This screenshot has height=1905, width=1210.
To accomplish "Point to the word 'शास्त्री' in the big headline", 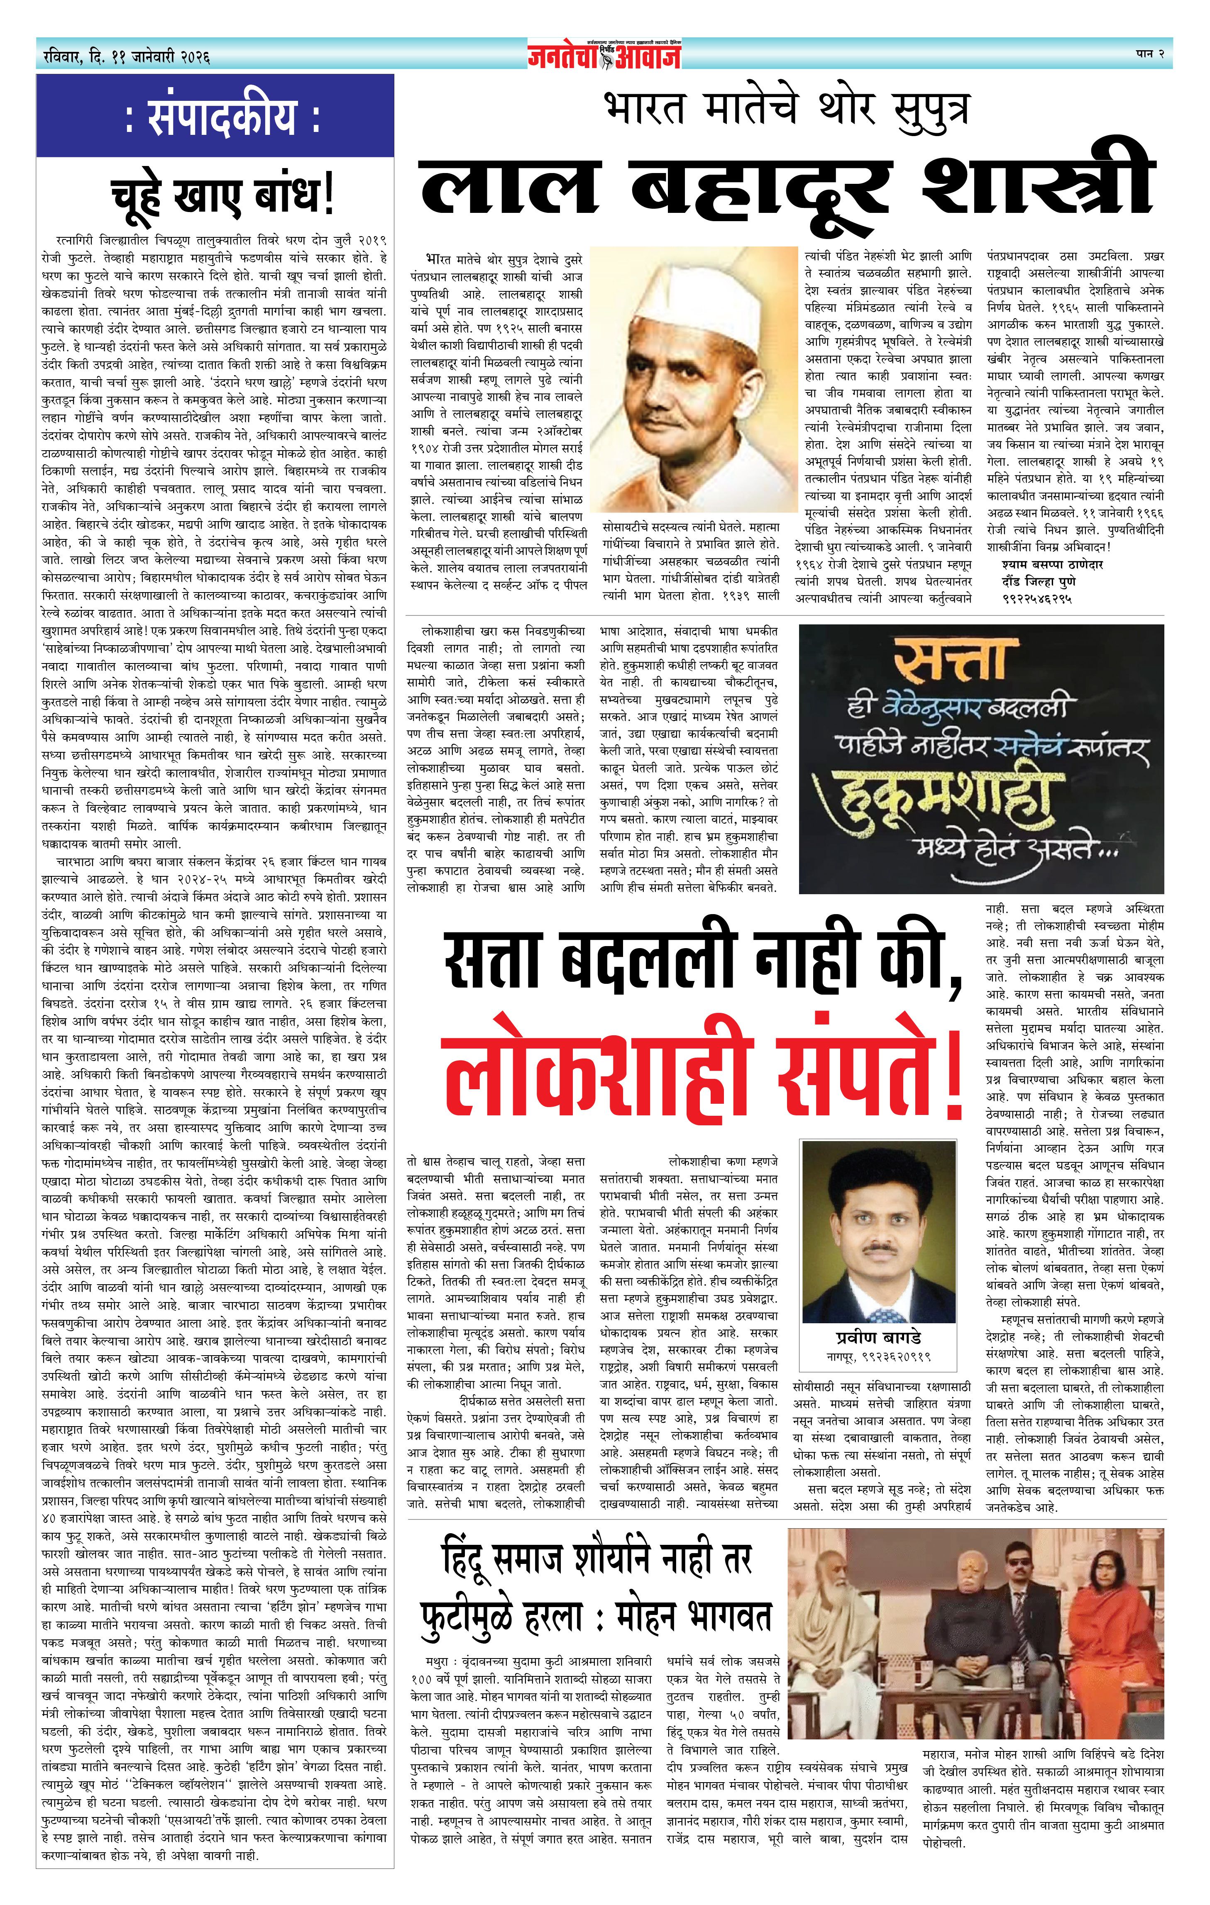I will pos(1036,185).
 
